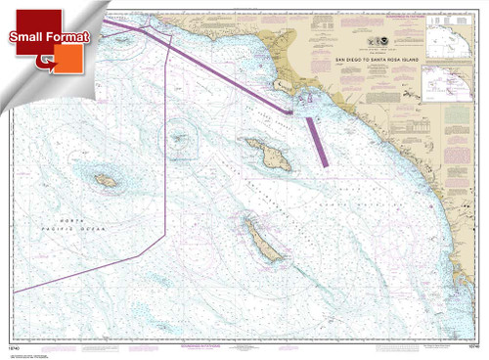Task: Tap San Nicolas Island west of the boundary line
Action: pos(106,180)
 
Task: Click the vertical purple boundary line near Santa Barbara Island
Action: pos(168,147)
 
